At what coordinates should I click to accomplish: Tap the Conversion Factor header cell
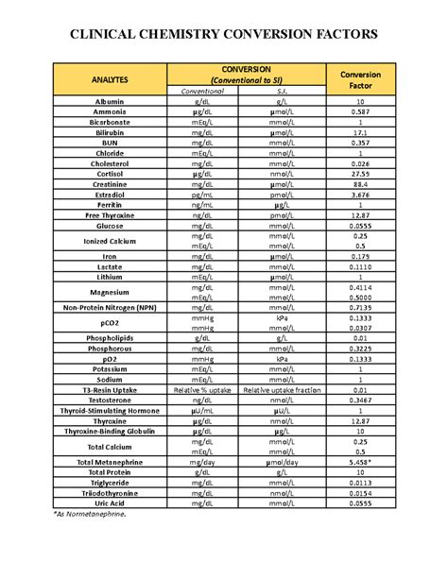coord(360,80)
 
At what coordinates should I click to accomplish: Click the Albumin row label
coord(110,101)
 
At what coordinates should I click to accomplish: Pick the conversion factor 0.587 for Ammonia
coord(360,112)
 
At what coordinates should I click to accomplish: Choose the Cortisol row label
coord(110,173)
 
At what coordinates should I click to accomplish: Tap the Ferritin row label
coord(110,204)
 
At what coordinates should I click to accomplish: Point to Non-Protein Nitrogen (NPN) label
coord(110,307)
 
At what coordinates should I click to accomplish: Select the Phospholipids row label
coord(110,338)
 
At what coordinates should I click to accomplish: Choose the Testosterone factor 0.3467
coord(360,400)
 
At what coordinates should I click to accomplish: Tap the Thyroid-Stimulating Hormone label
coord(110,410)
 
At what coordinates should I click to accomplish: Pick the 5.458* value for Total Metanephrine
coord(360,461)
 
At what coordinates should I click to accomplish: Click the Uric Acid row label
coord(110,502)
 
